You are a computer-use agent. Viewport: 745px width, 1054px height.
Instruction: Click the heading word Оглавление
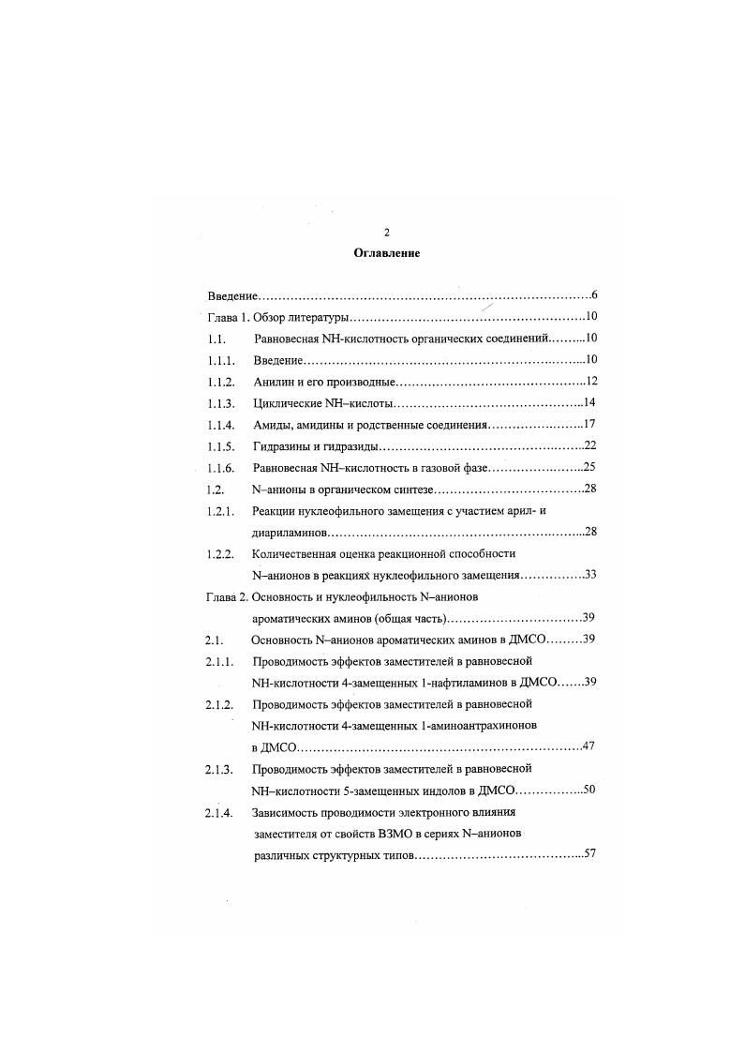tap(387, 253)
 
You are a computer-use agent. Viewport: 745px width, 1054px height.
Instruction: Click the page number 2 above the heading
tap(387, 233)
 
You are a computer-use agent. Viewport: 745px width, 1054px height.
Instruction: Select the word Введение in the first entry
tap(232, 295)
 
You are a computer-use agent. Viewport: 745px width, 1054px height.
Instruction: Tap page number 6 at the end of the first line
tap(594, 295)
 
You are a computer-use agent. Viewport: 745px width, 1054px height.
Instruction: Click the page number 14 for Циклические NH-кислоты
tap(590, 403)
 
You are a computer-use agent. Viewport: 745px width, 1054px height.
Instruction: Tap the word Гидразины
tap(282, 446)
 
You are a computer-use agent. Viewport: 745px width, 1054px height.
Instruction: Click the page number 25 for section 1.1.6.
tap(590, 467)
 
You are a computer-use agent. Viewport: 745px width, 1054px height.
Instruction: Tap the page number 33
tap(590, 575)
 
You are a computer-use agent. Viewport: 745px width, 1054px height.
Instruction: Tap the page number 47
tap(590, 746)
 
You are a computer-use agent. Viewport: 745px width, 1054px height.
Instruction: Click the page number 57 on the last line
tap(590, 855)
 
